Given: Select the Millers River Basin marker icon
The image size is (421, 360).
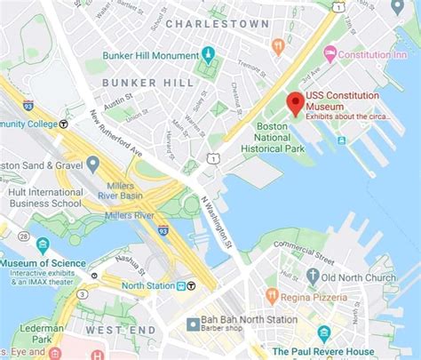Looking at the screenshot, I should coord(93,164).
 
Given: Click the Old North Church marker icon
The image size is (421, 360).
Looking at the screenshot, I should coord(313,277).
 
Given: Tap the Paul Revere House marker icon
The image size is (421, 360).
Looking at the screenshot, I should coord(324,334).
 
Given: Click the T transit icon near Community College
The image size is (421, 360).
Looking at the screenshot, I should coord(64,124).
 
